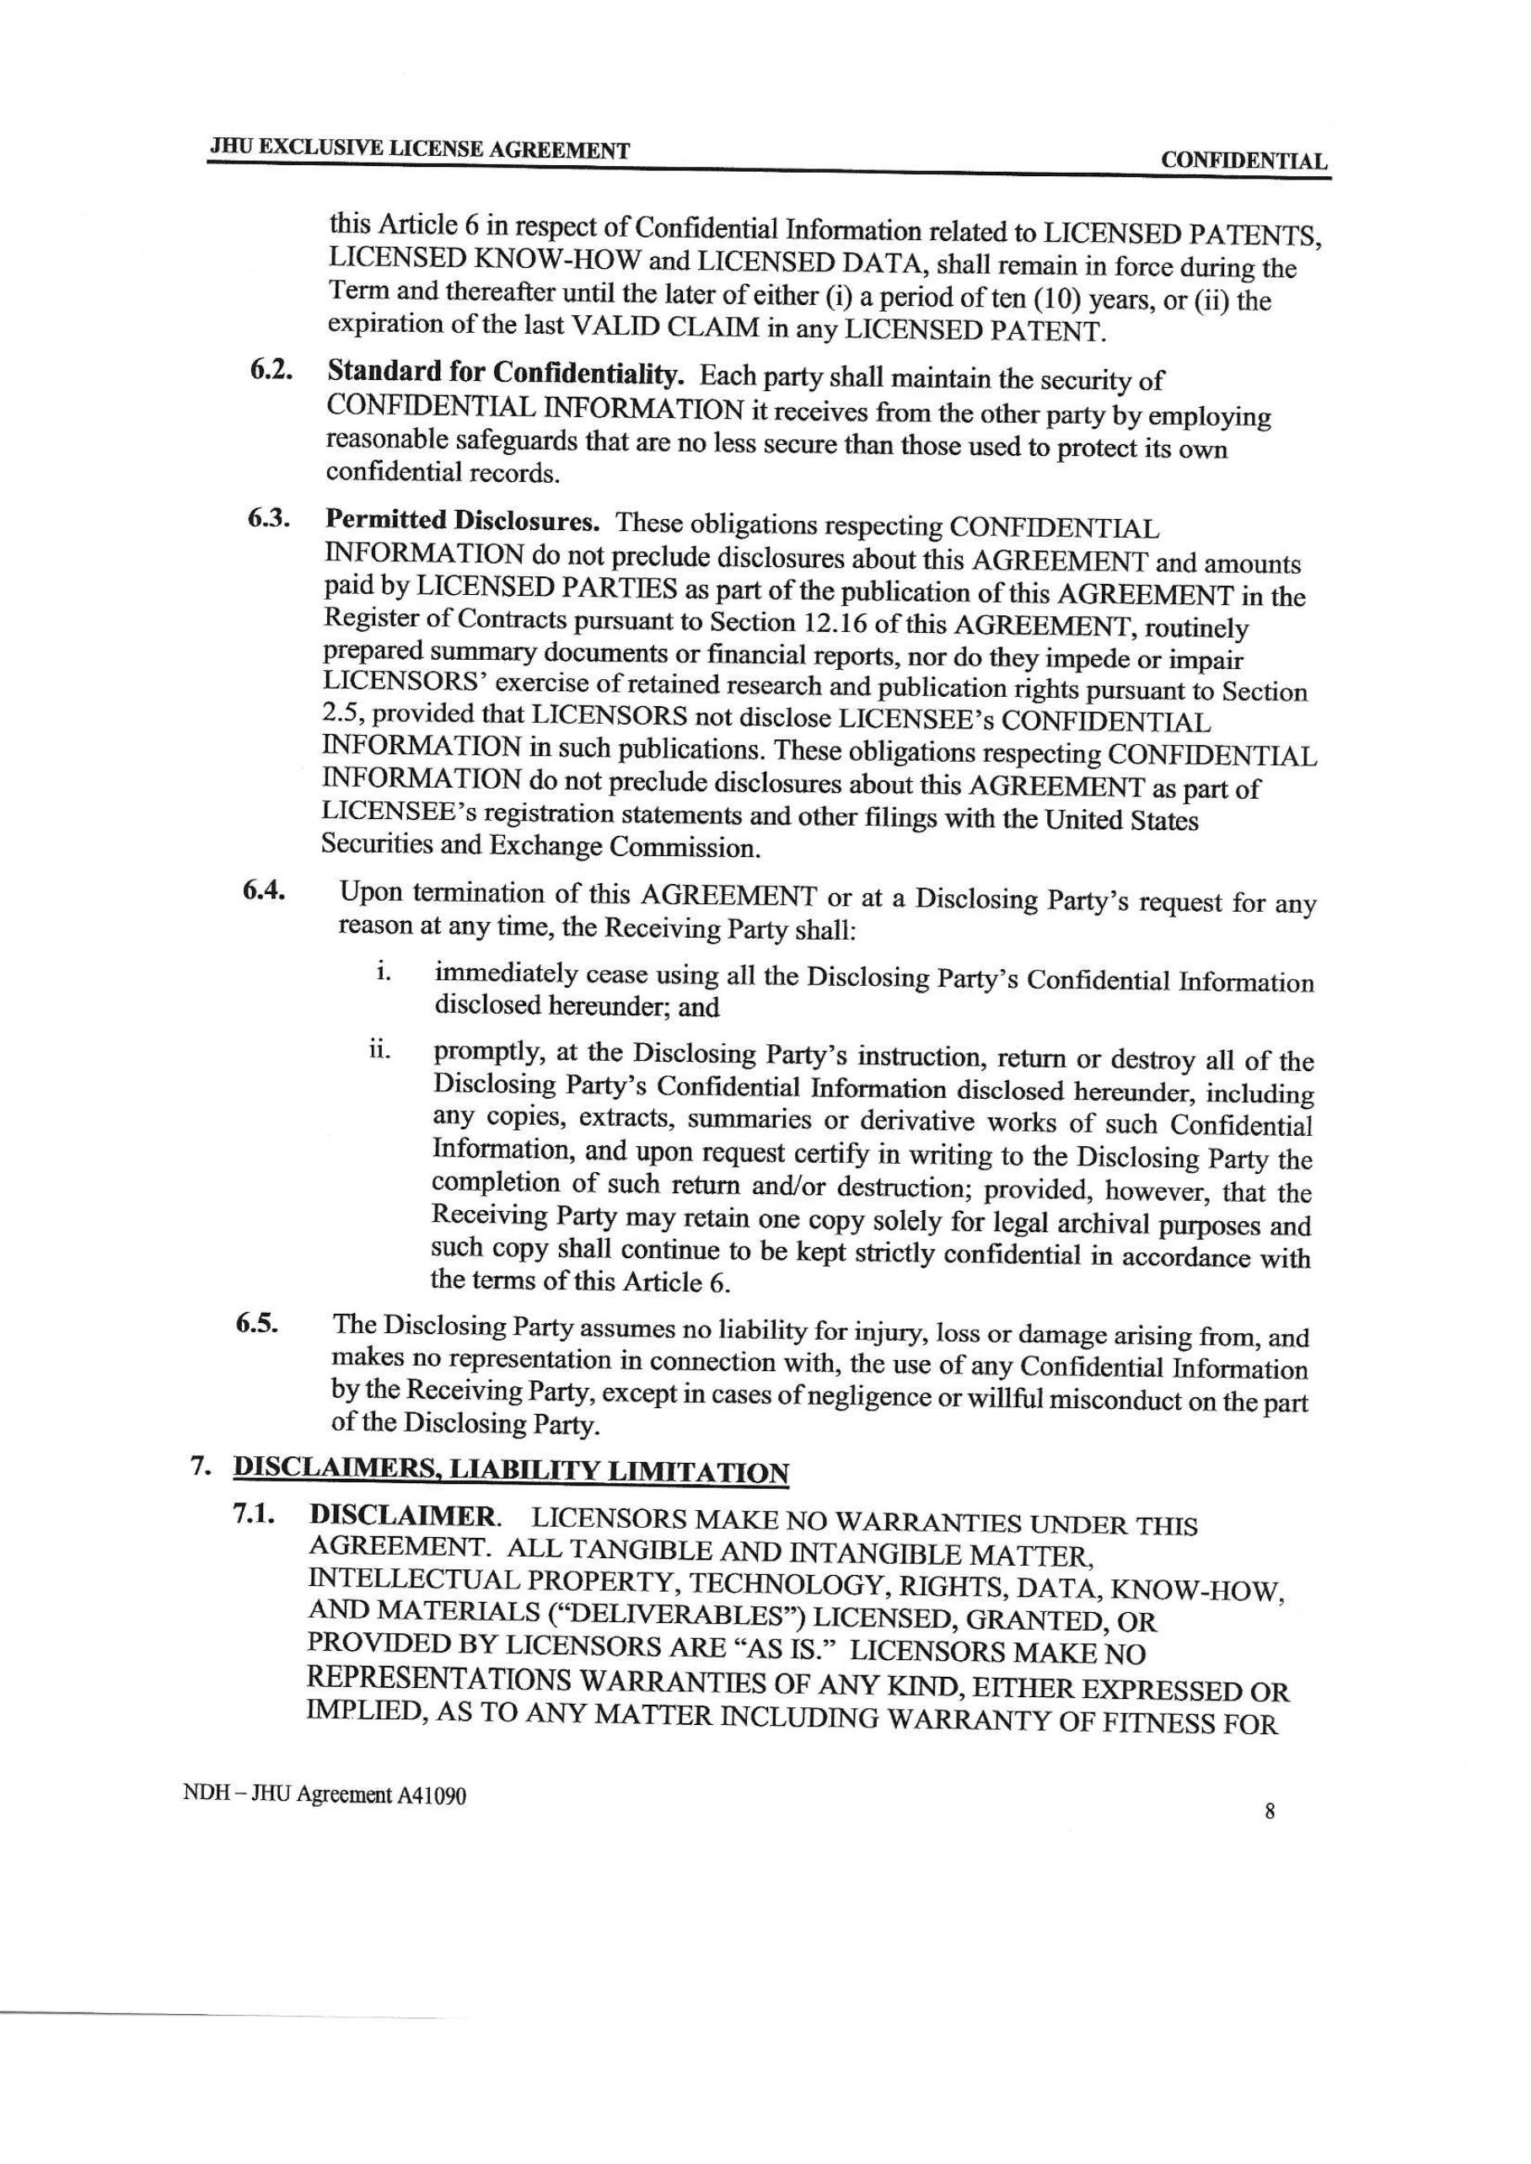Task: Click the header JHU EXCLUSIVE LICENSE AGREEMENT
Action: pos(420,150)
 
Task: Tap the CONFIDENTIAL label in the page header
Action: pos(1244,161)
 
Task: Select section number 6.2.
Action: pos(270,371)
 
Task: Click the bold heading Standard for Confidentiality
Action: pos(504,373)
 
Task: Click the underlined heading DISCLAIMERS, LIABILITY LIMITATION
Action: pos(510,1471)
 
